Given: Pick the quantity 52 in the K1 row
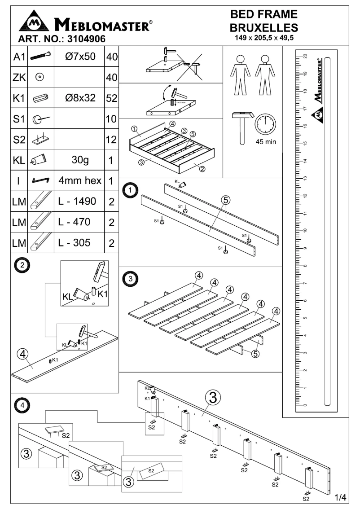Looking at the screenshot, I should tap(111, 98).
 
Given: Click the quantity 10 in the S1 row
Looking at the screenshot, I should tap(111, 119).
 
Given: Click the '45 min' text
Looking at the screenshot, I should tap(265, 142).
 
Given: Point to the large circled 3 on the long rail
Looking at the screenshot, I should tap(213, 398).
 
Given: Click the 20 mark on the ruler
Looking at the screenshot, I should tap(305, 56).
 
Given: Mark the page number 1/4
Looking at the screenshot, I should tap(341, 497).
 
